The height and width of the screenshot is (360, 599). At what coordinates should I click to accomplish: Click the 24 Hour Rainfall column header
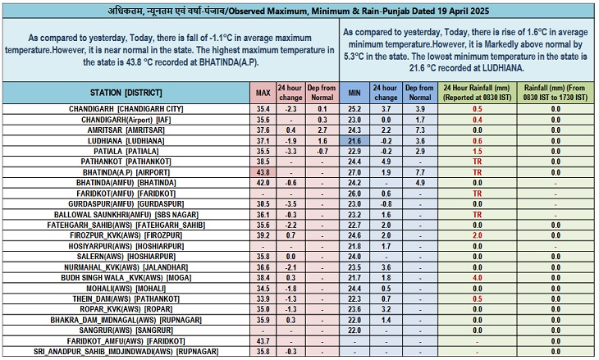pyautogui.click(x=476, y=92)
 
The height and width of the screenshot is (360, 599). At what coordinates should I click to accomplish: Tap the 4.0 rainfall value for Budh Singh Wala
pyautogui.click(x=476, y=278)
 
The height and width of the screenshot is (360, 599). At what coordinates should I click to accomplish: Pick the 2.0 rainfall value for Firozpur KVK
pyautogui.click(x=476, y=235)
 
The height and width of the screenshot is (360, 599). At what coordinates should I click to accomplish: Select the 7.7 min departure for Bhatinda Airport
pyautogui.click(x=420, y=173)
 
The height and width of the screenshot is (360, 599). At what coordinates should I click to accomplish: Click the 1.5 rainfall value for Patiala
pyautogui.click(x=476, y=152)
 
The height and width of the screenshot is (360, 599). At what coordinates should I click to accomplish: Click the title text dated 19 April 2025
pyautogui.click(x=299, y=10)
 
